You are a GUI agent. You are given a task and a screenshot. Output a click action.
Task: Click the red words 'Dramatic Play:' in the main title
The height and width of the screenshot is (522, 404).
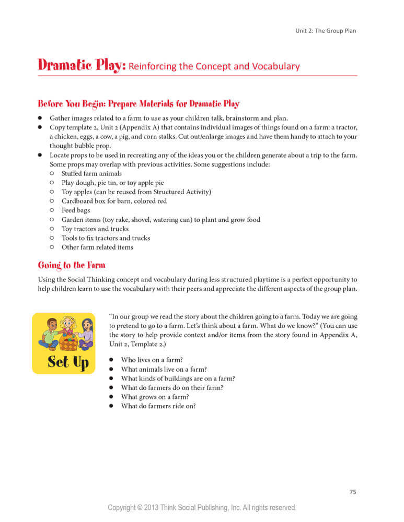click(82, 66)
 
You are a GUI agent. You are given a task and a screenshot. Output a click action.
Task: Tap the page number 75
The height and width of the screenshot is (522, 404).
click(352, 492)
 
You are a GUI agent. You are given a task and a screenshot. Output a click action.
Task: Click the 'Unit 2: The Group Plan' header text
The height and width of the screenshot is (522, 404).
click(326, 31)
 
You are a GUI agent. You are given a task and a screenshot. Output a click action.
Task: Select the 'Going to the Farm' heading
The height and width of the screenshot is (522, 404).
click(72, 265)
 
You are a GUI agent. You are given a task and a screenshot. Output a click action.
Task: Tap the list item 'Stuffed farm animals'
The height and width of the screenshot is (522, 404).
click(91, 173)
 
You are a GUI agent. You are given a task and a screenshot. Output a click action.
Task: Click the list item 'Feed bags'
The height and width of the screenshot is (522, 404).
click(76, 210)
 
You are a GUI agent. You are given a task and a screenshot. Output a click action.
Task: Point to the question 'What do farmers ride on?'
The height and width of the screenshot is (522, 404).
click(158, 406)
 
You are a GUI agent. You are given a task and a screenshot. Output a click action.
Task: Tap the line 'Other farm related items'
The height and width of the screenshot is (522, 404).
click(97, 247)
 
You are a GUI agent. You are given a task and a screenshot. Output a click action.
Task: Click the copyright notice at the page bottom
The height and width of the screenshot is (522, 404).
click(202, 507)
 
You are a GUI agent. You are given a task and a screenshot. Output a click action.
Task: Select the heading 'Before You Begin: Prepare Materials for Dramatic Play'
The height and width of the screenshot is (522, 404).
click(138, 103)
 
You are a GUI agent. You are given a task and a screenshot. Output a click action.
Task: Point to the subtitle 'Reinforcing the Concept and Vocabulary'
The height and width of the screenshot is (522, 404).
click(214, 66)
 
